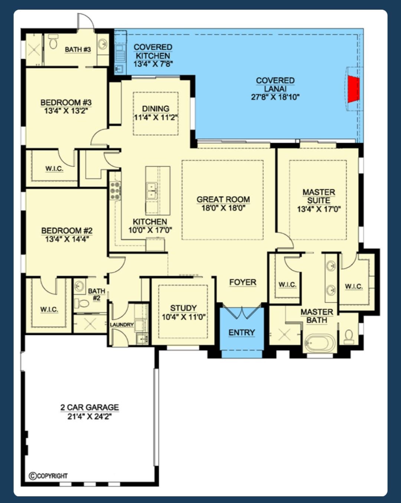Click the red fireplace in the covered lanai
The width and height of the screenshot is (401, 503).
(x=353, y=89)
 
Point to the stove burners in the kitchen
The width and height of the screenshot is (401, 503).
(x=115, y=191)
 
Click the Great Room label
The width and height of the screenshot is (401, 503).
(x=223, y=199)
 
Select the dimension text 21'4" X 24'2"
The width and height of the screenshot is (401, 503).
(x=89, y=416)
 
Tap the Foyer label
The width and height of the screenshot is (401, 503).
(x=243, y=282)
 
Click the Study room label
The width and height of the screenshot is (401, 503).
(x=183, y=308)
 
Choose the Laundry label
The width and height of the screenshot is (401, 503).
(x=122, y=325)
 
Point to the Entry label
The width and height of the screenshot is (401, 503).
(x=242, y=332)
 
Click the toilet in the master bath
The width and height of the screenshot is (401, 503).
(x=349, y=337)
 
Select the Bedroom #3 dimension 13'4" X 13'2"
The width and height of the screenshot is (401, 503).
(x=66, y=110)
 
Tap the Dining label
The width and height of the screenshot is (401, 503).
(x=156, y=109)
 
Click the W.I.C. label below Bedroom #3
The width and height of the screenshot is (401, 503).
(x=54, y=168)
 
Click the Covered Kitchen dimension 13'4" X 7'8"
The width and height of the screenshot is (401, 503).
(x=153, y=64)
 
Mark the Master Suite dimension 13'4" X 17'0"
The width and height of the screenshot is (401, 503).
(x=319, y=209)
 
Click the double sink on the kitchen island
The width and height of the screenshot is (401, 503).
(x=152, y=191)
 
